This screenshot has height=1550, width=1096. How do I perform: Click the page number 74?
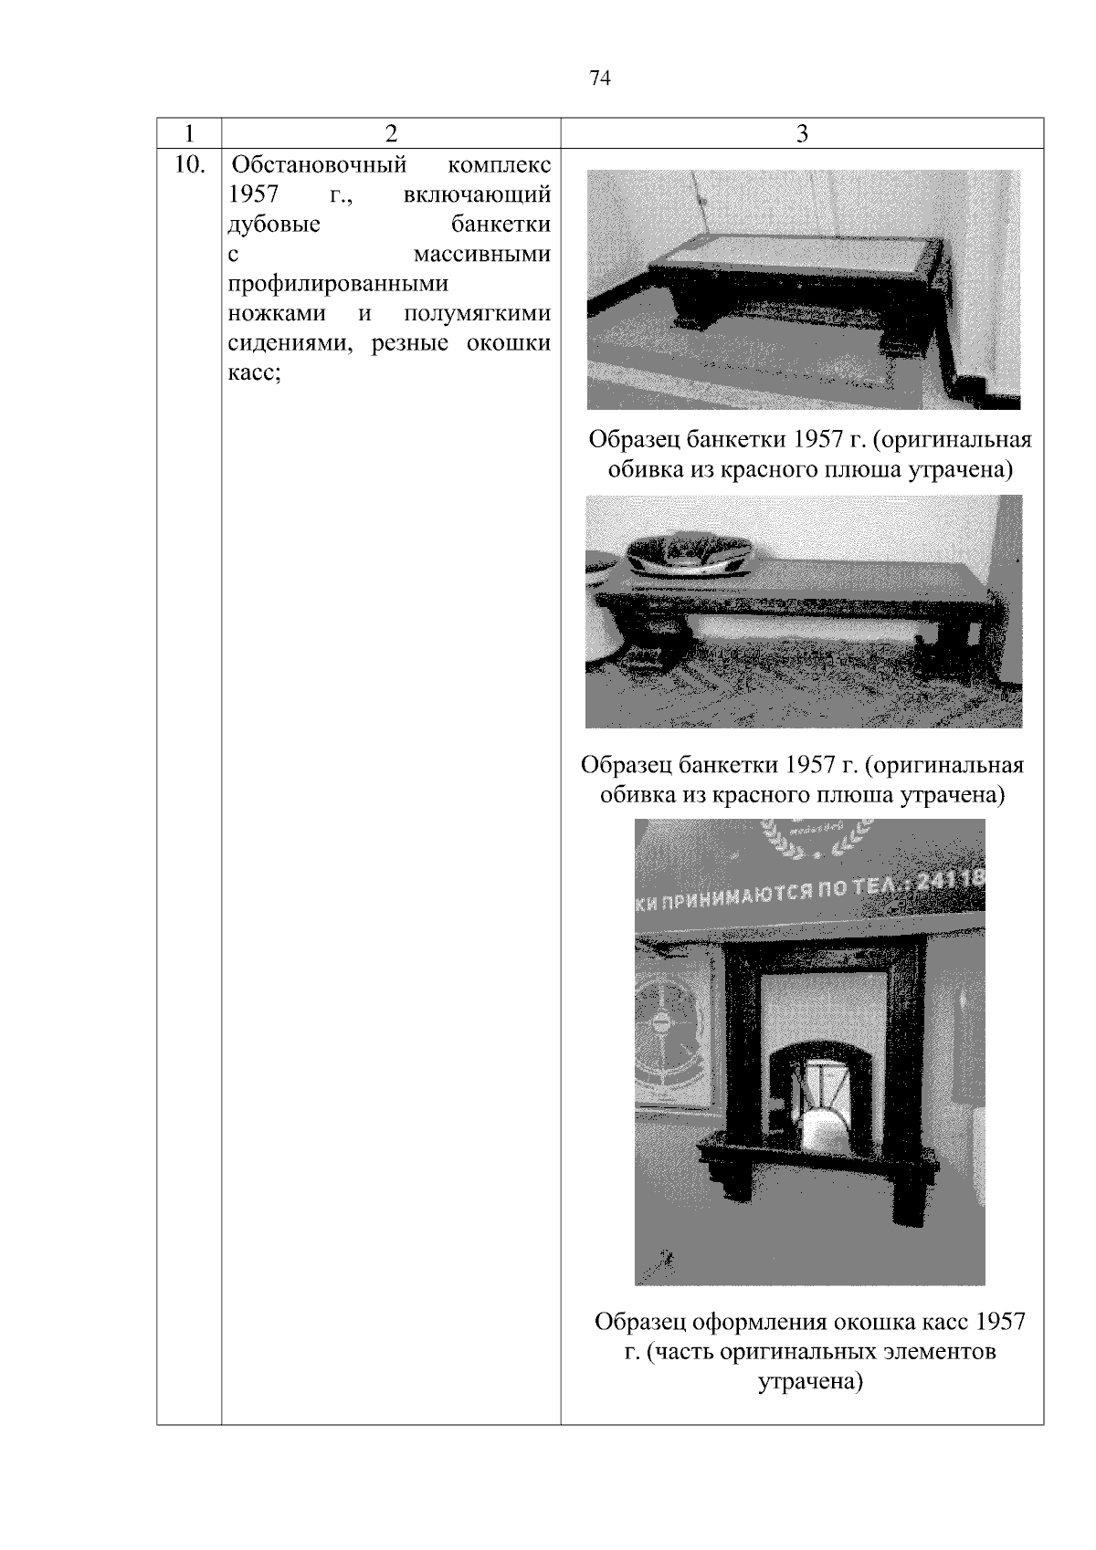[x=599, y=79]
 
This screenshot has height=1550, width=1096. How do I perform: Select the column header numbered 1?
[x=189, y=134]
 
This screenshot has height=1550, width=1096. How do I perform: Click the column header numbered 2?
[x=391, y=134]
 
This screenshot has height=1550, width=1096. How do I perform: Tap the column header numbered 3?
[x=802, y=134]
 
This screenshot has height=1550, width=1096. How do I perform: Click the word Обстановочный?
[x=319, y=166]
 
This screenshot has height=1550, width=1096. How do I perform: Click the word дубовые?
[x=273, y=225]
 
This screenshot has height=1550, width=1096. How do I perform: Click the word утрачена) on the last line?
[x=810, y=1382]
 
